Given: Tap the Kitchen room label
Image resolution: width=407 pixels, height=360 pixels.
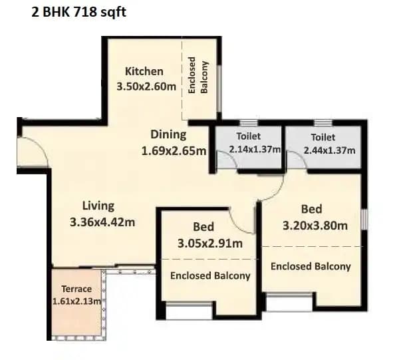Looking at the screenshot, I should [x=144, y=71].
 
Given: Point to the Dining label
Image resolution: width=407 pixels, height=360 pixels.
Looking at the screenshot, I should [x=168, y=134].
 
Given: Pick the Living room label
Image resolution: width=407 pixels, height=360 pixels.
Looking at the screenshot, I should [x=98, y=206].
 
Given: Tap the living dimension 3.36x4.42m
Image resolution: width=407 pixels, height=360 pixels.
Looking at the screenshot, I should [x=102, y=222].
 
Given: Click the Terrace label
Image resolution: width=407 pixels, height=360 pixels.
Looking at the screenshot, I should [x=76, y=289].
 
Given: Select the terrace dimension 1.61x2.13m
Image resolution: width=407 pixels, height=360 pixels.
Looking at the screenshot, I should [x=76, y=301].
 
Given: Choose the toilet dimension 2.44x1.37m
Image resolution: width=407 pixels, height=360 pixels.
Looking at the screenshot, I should [x=329, y=150].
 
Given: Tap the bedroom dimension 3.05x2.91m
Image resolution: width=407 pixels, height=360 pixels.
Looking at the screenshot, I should [x=209, y=243].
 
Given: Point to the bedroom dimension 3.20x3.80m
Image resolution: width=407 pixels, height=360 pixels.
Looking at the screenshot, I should [x=315, y=225].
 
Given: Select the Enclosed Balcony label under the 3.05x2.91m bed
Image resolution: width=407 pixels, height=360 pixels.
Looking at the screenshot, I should [x=210, y=275].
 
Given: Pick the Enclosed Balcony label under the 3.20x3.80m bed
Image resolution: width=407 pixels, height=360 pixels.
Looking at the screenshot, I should [x=311, y=266].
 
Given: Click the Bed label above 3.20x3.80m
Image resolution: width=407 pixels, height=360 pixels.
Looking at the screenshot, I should [x=311, y=208].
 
